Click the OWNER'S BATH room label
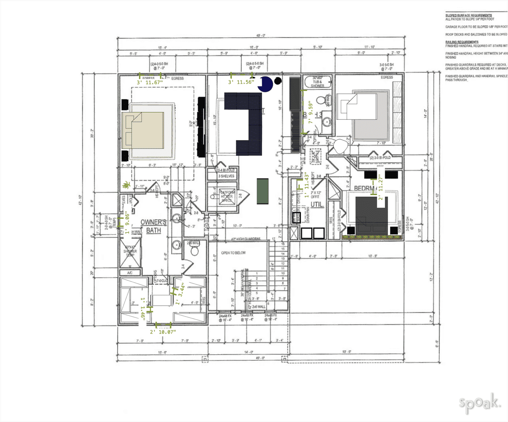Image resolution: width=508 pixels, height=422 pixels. (x=151, y=226)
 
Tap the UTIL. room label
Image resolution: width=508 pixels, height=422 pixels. (x=317, y=204)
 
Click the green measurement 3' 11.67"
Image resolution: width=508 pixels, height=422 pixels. (x=151, y=82)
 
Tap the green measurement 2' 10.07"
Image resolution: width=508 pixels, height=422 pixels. (x=163, y=332)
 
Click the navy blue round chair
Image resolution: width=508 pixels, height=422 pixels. (x=267, y=85)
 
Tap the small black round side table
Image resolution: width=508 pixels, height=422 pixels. (x=278, y=80)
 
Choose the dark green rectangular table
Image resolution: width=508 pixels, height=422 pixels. (x=263, y=191)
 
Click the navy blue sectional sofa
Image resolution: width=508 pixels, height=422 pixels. (x=243, y=123)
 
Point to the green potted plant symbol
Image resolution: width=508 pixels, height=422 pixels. (x=126, y=185)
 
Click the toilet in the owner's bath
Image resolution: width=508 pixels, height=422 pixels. (x=195, y=251)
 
